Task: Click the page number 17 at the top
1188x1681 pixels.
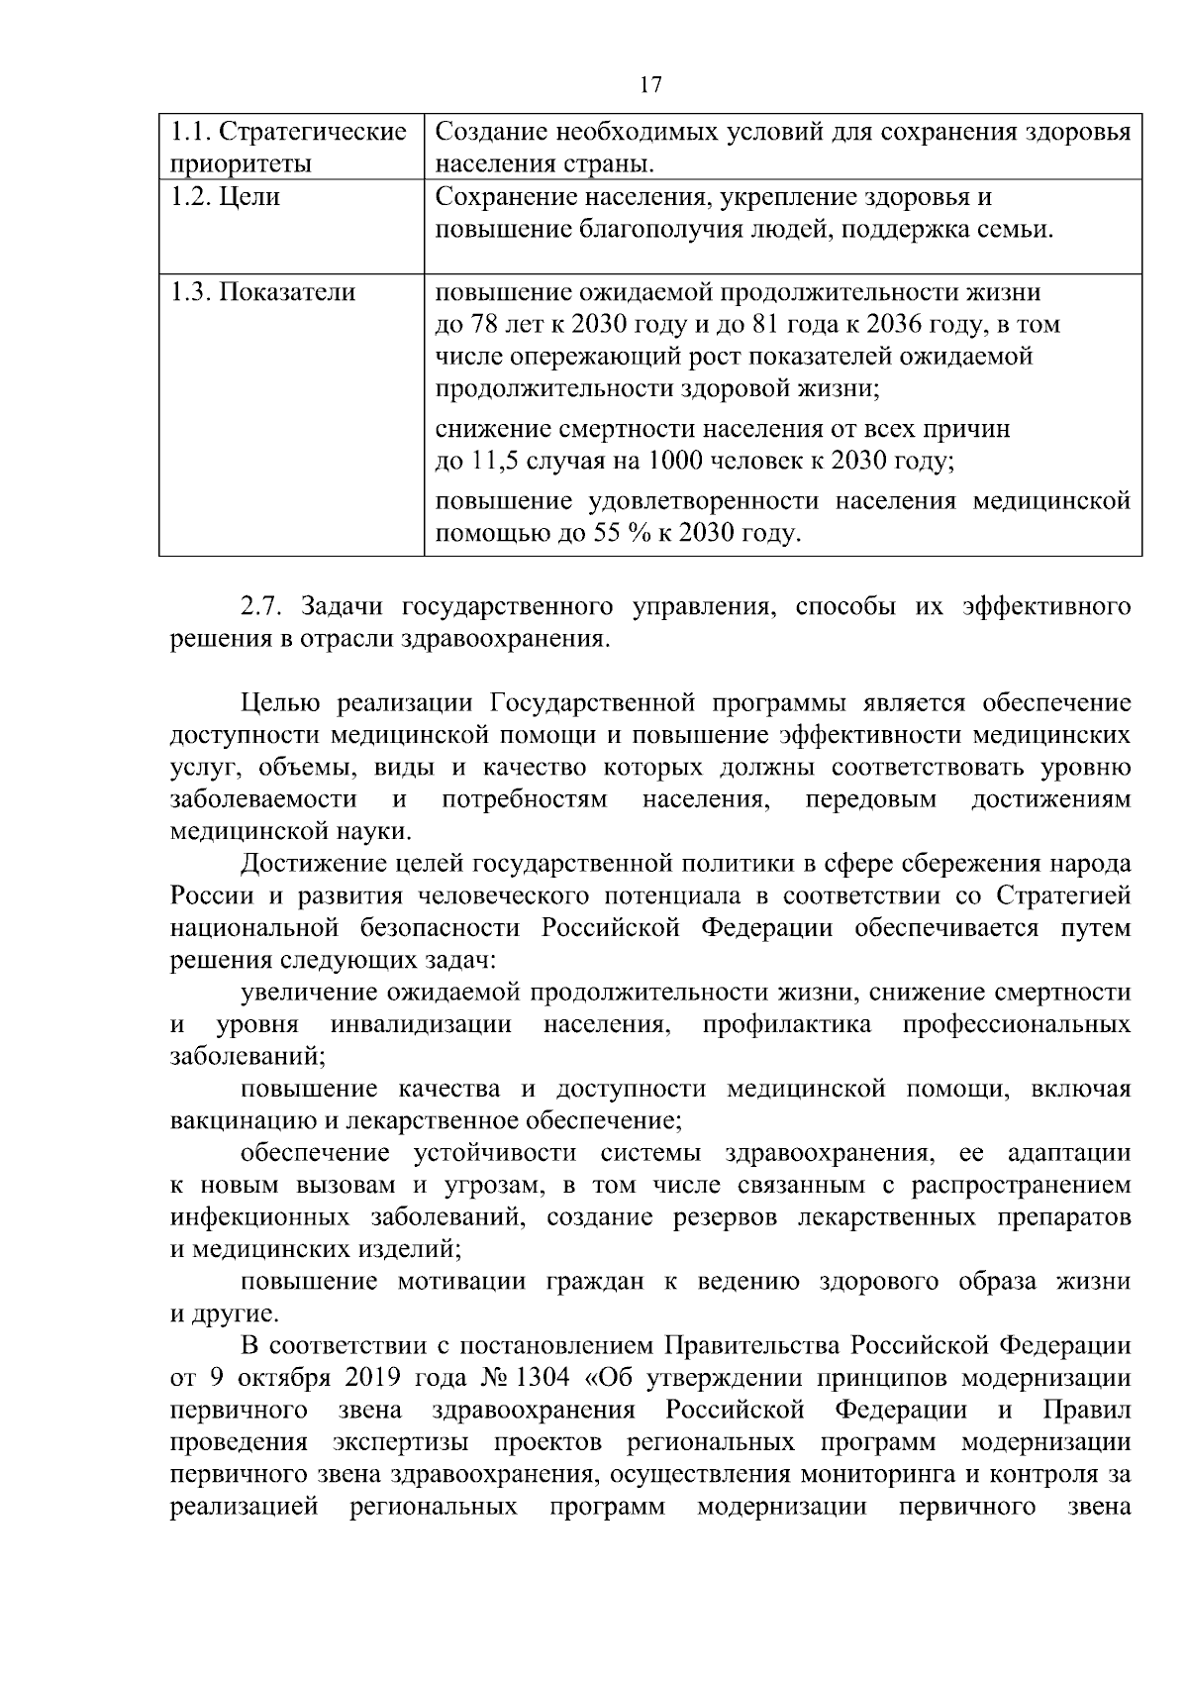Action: coord(650,84)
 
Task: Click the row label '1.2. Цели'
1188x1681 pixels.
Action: coord(226,197)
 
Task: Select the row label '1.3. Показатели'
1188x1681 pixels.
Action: coord(263,292)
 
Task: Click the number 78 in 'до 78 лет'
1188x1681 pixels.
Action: coord(482,325)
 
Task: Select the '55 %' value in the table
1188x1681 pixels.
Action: coord(616,535)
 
